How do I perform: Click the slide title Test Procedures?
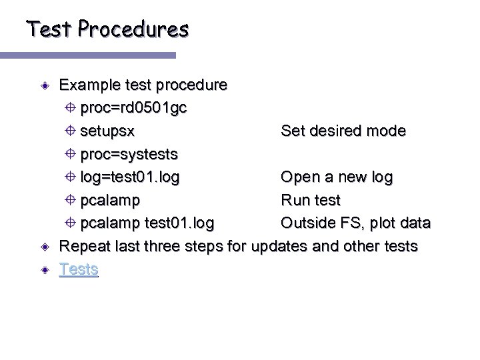pyautogui.click(x=107, y=29)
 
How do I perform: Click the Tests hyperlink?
pyautogui.click(x=79, y=269)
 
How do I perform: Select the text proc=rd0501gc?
pyautogui.click(x=133, y=108)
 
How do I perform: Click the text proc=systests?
pyautogui.click(x=129, y=155)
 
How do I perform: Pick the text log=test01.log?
pyautogui.click(x=129, y=177)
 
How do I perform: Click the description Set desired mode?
pyautogui.click(x=343, y=131)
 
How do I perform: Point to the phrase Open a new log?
pyautogui.click(x=337, y=177)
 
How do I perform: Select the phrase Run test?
pyautogui.click(x=311, y=200)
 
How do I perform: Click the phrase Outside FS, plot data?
pyautogui.click(x=355, y=223)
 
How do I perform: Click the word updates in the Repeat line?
pyautogui.click(x=287, y=247)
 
